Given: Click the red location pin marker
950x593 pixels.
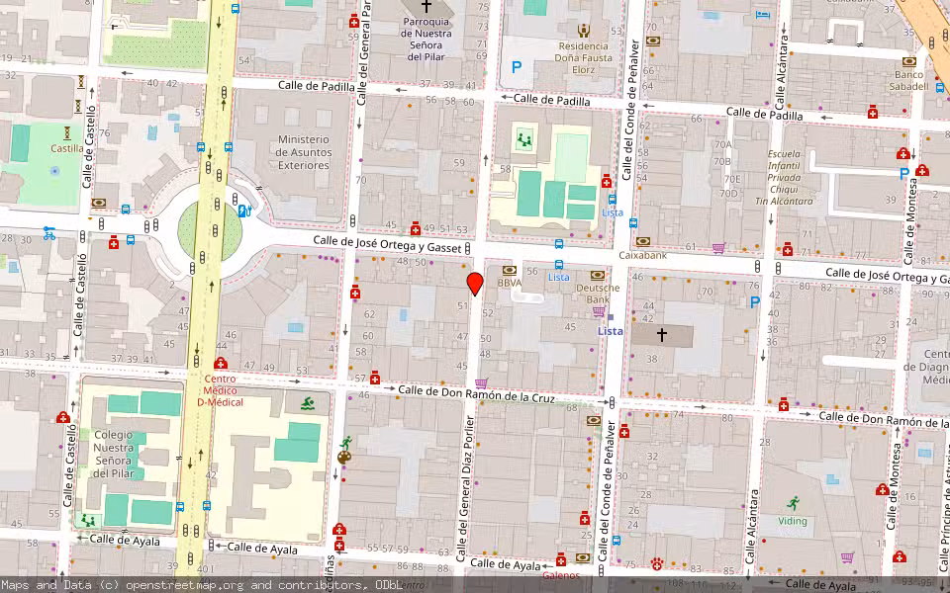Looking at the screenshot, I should tap(475, 283).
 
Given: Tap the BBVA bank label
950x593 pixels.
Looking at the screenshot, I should tap(510, 283).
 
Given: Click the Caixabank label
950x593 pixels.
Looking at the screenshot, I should tap(643, 255).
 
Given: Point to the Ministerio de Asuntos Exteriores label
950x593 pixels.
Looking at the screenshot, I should tap(303, 152).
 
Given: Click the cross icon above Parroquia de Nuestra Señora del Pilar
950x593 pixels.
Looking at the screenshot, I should tap(427, 7).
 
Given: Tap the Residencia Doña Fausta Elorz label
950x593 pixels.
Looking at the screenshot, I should tap(584, 57).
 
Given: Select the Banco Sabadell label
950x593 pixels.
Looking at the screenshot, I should tap(910, 80).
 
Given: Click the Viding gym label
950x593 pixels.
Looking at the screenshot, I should tap(792, 520).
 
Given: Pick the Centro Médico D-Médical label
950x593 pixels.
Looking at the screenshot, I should tap(220, 389).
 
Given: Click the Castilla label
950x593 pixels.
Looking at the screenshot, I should tap(67, 148).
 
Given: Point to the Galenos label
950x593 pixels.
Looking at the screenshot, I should tap(561, 574).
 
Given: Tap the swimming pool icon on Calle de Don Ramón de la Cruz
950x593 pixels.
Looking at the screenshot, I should tap(308, 402).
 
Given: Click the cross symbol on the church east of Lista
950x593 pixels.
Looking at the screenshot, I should tap(662, 335).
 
